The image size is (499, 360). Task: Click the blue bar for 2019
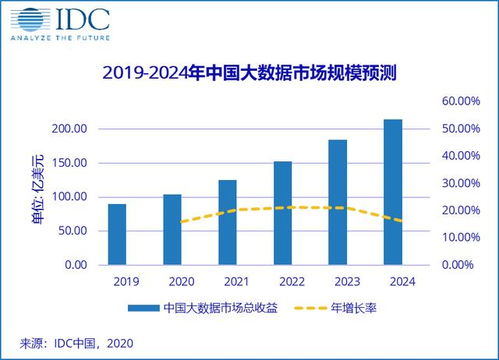(x=117, y=234)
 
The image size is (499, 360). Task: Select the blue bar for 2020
(x=172, y=229)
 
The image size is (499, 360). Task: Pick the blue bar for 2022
(x=283, y=213)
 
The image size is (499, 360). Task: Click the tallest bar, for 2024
(x=393, y=192)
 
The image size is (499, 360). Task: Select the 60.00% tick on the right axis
(x=463, y=101)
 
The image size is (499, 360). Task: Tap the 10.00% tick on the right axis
(x=463, y=238)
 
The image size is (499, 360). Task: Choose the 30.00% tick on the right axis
(x=463, y=183)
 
